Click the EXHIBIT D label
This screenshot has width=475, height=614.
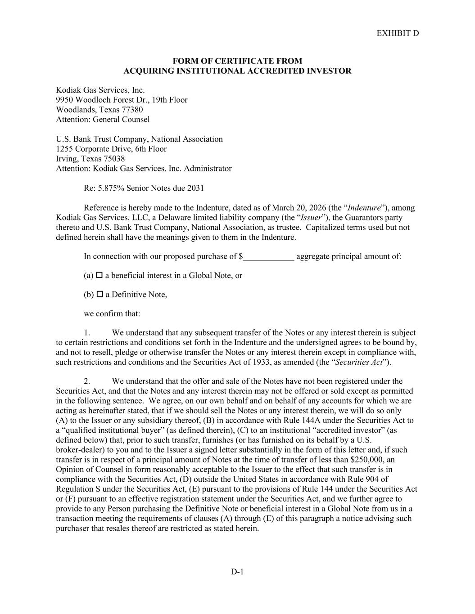click(x=398, y=33)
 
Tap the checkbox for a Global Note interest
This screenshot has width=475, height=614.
click(x=100, y=275)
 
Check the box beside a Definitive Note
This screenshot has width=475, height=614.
click(x=100, y=295)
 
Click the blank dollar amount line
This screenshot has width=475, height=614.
click(x=269, y=257)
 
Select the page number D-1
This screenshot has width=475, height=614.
click(x=237, y=572)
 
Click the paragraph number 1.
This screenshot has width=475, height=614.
click(x=87, y=333)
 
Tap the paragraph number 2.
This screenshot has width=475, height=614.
click(x=87, y=381)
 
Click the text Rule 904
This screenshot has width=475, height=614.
click(x=372, y=479)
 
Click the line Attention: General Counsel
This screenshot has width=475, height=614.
click(x=103, y=120)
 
